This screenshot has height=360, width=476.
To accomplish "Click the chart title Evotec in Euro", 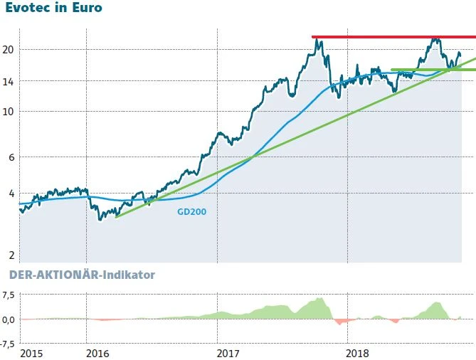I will (53, 9).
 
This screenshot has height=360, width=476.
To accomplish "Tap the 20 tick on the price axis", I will (9, 49).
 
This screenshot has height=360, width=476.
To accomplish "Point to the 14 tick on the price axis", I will (9, 81).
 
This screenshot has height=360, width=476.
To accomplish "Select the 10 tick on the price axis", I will (9, 111).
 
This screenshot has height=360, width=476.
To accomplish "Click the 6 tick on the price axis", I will (11, 157).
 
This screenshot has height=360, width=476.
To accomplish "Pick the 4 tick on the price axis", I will (11, 193).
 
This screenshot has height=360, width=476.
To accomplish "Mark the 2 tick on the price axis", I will (11, 255).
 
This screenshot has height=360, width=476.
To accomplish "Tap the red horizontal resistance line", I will (391, 37).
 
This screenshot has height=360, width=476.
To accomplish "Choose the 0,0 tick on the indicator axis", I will (9, 319).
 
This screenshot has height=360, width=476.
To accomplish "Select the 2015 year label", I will (31, 353).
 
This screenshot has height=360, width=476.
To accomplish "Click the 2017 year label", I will (227, 353).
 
